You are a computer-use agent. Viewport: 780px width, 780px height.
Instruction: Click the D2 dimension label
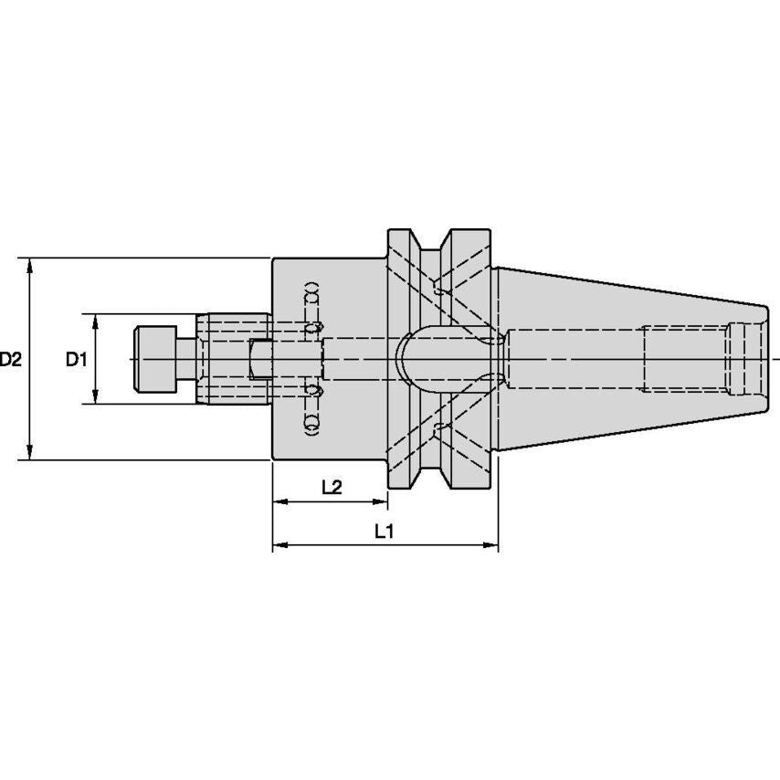11,360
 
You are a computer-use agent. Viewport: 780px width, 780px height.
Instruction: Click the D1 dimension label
75,360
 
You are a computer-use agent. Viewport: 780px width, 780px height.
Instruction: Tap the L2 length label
332,488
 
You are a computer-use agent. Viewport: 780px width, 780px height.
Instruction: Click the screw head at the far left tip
154,359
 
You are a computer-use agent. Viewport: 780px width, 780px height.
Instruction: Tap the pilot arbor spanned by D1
233,359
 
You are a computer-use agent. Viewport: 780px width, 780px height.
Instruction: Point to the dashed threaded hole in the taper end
685,359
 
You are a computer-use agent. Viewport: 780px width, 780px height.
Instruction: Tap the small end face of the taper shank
765,359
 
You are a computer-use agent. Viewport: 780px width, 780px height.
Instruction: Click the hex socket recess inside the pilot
260,359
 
